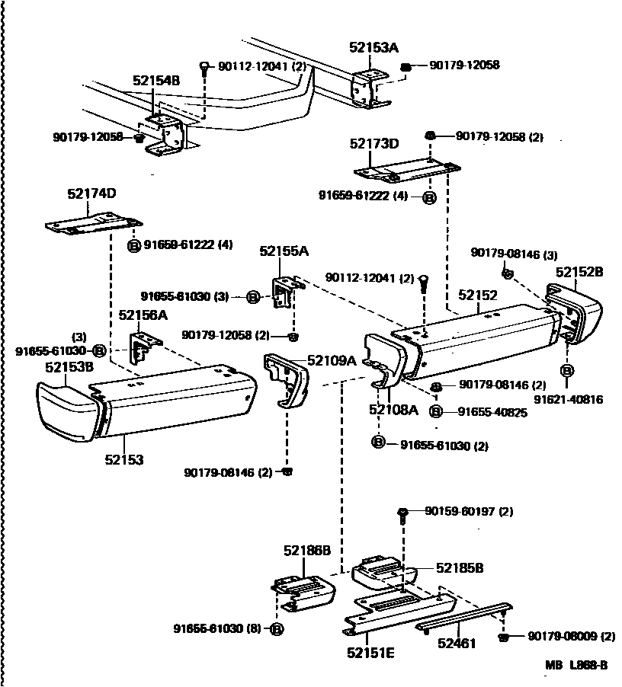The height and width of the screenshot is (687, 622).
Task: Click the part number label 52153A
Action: tap(374, 47)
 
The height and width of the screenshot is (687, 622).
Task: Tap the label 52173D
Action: tap(374, 143)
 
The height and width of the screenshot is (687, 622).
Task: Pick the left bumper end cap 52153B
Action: tap(69, 413)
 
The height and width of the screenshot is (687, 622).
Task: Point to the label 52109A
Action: tap(332, 360)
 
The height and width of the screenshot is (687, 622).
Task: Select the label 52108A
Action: tap(393, 411)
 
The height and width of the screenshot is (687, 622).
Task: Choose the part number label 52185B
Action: tap(460, 567)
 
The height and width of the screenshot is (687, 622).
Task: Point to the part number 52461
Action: tap(456, 644)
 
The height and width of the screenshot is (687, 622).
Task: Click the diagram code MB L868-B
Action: tap(576, 665)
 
